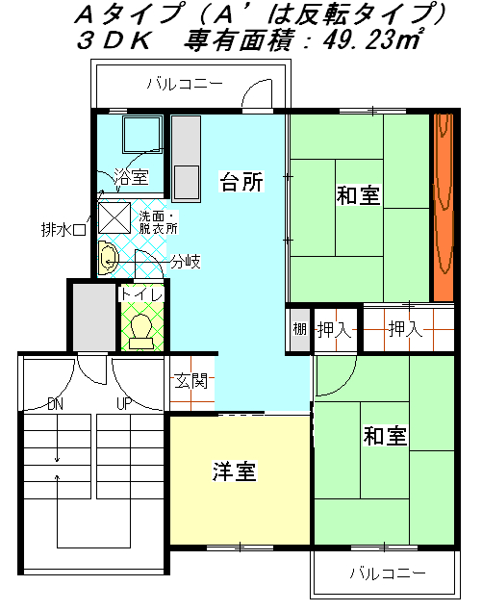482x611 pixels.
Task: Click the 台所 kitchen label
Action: click(242, 182)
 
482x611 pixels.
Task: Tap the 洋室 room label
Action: click(234, 471)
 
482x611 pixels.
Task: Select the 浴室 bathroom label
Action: click(131, 177)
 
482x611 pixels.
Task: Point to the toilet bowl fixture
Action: click(141, 332)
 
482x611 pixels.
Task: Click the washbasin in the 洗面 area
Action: click(108, 258)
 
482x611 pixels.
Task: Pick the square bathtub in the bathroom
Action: click(141, 135)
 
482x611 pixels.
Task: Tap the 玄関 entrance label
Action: click(191, 381)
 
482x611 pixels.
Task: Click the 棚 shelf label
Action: click(299, 329)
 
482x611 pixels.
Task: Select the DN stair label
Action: click(56, 404)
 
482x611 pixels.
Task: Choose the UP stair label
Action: click(125, 404)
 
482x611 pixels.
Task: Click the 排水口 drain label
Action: click(63, 230)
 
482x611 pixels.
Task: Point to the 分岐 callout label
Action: click(186, 262)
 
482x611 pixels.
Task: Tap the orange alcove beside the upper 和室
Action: click(444, 207)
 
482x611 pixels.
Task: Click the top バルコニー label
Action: click(185, 84)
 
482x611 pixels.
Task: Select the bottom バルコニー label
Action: click(388, 573)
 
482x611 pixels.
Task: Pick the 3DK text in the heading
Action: click(114, 40)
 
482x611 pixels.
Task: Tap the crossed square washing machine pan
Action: click(114, 218)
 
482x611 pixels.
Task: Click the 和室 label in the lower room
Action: click(385, 436)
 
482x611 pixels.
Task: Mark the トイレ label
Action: click(141, 293)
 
